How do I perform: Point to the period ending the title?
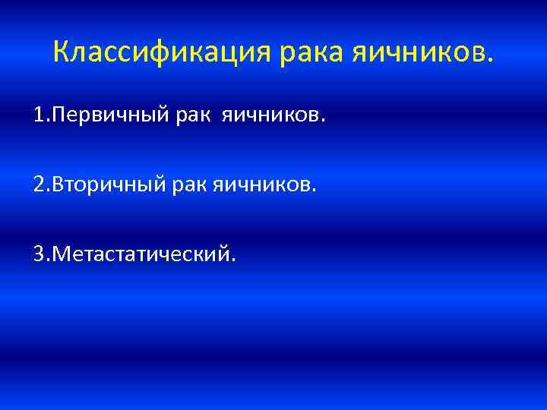489,59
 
